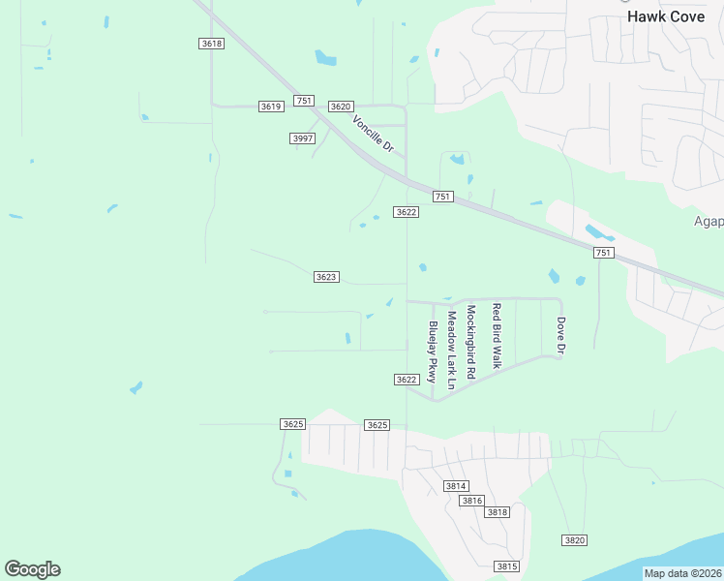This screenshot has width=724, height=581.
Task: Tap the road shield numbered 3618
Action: click(212, 44)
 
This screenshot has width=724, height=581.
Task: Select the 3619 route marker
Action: click(271, 107)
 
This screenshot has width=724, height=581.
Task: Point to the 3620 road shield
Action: click(341, 107)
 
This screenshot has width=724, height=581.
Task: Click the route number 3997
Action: click(303, 138)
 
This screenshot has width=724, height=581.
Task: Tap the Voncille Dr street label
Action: click(373, 135)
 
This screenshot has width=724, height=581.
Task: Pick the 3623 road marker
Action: click(326, 277)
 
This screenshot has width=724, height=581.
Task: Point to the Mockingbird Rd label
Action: click(470, 342)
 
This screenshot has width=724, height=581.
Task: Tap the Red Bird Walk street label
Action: click(496, 336)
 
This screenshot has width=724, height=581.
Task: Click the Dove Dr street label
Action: click(559, 335)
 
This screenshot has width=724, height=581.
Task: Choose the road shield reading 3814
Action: click(456, 485)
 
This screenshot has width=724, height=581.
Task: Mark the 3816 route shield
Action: click(471, 501)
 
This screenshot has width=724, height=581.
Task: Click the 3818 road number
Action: click(498, 512)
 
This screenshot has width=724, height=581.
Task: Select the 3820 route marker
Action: click(575, 539)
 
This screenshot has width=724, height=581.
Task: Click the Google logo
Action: click(32, 569)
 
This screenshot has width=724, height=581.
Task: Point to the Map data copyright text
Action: click(682, 573)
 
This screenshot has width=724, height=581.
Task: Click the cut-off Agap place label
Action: click(709, 222)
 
